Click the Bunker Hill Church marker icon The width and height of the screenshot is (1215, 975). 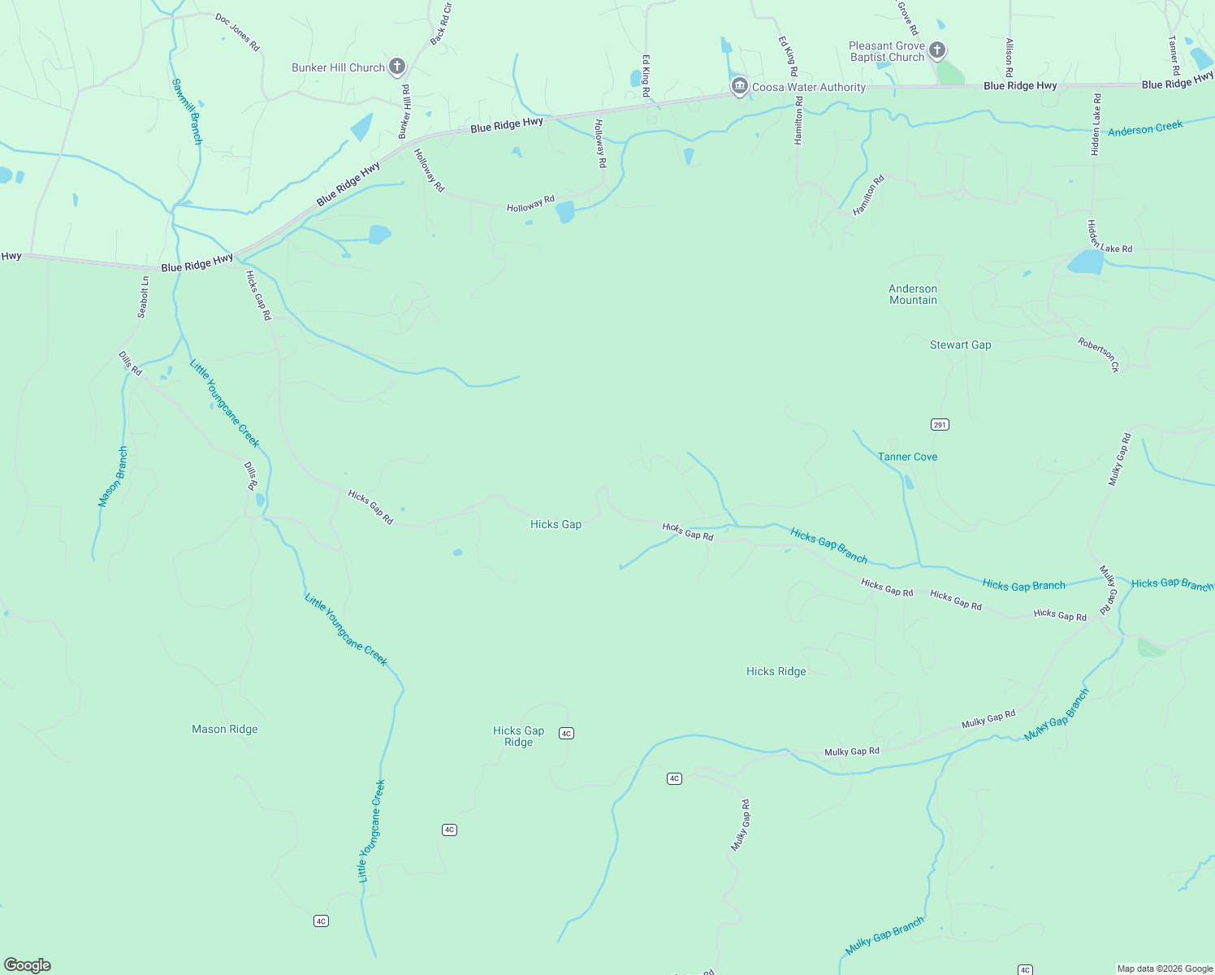[397, 67]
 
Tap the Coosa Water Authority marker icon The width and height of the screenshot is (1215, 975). [739, 87]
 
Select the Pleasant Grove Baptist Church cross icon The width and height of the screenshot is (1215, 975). [937, 50]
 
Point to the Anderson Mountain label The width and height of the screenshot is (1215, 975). [913, 294]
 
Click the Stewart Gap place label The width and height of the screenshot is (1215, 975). [960, 344]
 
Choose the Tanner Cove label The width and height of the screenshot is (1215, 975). [907, 457]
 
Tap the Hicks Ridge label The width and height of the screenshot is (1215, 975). [776, 671]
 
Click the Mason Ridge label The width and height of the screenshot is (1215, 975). [224, 729]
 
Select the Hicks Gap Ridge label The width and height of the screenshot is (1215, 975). [518, 736]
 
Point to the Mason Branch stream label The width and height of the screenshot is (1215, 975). [113, 477]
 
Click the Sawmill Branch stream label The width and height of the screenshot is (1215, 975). [187, 111]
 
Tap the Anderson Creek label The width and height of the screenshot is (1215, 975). [1145, 128]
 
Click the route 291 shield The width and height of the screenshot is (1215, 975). [940, 424]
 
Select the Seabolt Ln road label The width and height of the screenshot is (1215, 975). [143, 297]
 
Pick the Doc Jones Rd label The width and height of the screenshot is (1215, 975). [237, 32]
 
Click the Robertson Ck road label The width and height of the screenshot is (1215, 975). [1099, 354]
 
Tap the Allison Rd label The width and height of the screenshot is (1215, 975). [1010, 57]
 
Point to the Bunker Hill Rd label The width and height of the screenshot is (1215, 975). [404, 111]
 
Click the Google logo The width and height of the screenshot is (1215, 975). [28, 965]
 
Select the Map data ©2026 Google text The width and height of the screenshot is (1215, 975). [1164, 968]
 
